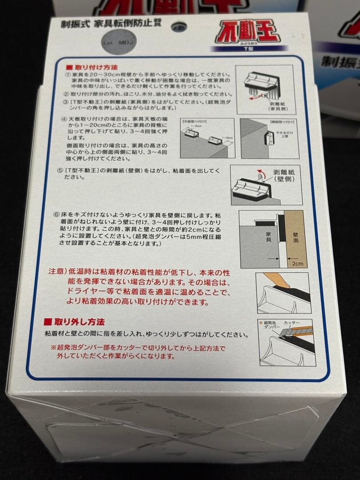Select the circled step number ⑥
coord(56,214)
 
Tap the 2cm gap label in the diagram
coord(296,263)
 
